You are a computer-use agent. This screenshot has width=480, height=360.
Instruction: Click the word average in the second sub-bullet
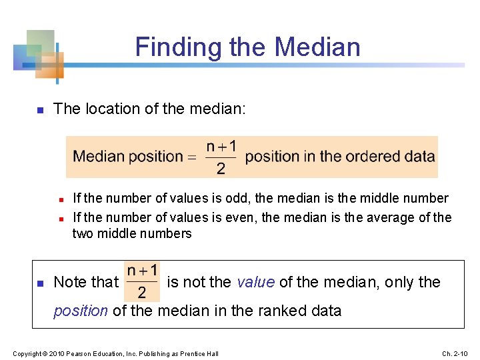click(397, 217)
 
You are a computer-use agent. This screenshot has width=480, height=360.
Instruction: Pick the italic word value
click(256, 282)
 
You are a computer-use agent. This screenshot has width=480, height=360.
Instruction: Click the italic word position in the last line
click(80, 310)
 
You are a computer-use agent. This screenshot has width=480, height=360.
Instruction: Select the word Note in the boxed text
click(69, 282)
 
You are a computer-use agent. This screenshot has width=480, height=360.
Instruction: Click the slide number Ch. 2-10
click(457, 353)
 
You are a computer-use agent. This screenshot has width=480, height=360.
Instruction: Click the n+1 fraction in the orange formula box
click(221, 157)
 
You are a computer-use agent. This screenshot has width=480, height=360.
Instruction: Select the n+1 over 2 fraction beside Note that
click(142, 281)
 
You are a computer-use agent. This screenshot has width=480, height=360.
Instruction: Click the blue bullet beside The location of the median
click(39, 109)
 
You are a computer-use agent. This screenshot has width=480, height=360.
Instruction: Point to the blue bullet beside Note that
click(39, 283)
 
